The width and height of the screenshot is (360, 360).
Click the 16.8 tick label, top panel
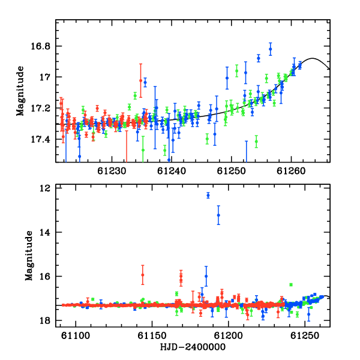(40, 46)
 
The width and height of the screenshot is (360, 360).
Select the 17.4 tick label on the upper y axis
(40, 139)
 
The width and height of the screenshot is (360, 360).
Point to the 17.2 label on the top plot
(40, 109)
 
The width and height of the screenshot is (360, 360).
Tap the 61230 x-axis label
(112, 171)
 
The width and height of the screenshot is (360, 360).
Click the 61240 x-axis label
(172, 171)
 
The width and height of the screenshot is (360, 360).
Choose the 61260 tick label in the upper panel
(291, 171)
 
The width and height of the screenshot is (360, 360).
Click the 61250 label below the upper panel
(232, 171)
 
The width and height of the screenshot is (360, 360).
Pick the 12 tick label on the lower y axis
(45, 188)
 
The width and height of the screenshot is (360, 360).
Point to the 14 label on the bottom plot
(45, 233)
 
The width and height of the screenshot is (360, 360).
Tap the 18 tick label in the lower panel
(45, 320)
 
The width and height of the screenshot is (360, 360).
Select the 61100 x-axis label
(76, 335)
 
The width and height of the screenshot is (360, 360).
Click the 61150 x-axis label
(152, 335)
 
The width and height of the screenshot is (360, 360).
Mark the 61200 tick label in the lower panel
(228, 335)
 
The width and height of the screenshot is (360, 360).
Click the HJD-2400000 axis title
(193, 347)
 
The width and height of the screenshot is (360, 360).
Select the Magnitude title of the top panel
(20, 91)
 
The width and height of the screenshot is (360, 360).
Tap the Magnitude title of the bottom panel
(29, 256)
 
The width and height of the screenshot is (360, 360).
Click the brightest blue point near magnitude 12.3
(208, 196)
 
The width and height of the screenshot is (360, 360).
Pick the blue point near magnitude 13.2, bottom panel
(218, 215)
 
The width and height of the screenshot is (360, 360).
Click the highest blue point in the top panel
(271, 49)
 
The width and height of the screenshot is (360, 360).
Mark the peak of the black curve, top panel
(312, 58)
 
